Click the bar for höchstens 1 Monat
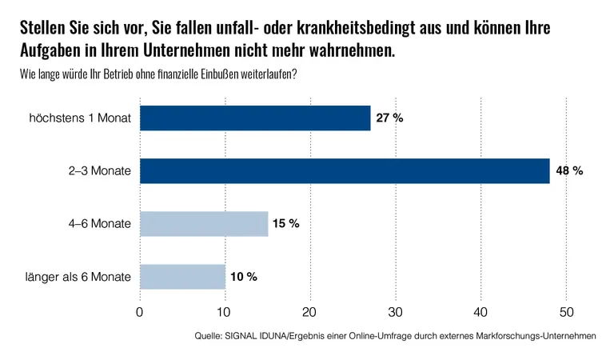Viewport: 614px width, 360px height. coord(255,118)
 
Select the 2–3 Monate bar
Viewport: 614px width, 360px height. coord(345,171)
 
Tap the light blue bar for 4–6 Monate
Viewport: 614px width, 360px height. coord(204,224)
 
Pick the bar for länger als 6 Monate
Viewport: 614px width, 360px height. coord(182,277)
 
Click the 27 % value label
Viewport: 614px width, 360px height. coord(390,118)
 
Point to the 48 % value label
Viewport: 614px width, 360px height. coord(570,171)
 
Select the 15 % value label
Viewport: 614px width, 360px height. coord(285,224)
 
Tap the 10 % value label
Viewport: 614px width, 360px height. coord(243,277)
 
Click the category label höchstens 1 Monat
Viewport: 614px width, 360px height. coord(79,118)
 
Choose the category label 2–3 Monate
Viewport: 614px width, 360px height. coord(100,171)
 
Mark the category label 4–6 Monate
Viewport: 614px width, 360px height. coord(100,224)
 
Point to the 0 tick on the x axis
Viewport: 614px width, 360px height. coord(140,311)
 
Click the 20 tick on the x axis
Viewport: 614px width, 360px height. coord(310,311)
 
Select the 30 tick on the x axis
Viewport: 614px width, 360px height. coord(396,311)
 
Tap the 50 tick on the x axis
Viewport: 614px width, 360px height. coord(566,311)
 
